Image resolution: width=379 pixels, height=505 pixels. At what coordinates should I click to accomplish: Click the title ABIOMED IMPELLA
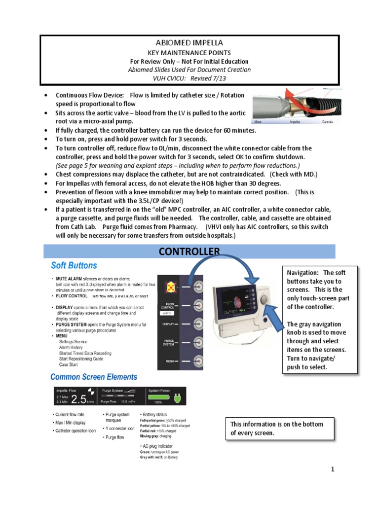point(189,43)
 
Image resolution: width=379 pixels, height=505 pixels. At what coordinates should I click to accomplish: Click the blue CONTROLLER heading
point(189,252)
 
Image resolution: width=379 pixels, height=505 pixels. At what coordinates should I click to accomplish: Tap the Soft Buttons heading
point(74,266)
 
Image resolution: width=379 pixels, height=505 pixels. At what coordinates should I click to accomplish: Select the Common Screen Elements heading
point(94,377)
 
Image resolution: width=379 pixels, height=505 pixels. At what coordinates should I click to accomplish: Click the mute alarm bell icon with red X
point(169,286)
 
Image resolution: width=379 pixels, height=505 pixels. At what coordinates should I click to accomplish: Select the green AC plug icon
point(177,397)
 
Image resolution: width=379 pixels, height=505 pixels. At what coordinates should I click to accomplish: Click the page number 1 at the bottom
point(333,469)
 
